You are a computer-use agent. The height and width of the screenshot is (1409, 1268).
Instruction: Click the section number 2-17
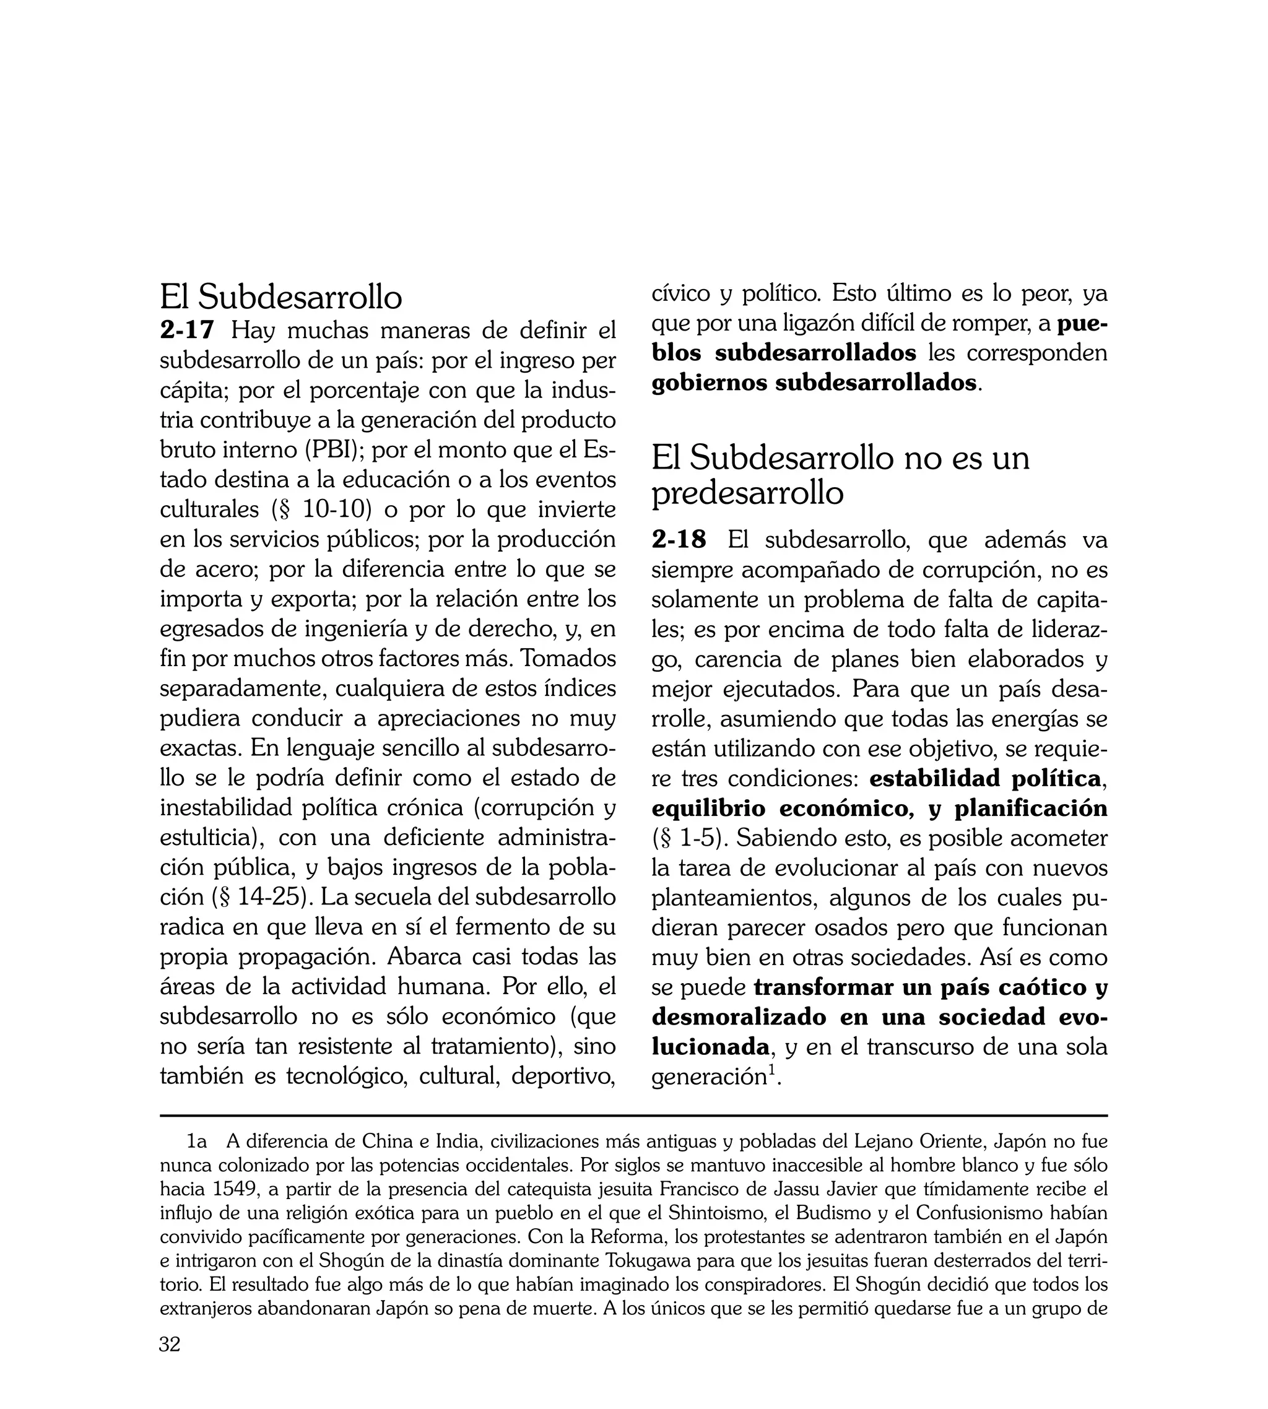187,330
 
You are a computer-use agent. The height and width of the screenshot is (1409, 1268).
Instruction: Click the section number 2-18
679,540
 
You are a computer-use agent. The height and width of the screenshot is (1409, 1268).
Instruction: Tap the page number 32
170,1363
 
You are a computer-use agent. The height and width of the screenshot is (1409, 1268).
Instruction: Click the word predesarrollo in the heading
747,493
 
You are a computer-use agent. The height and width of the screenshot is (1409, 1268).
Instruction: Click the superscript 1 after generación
771,1071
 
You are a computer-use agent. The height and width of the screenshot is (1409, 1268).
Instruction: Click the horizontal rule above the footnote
633,1116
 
